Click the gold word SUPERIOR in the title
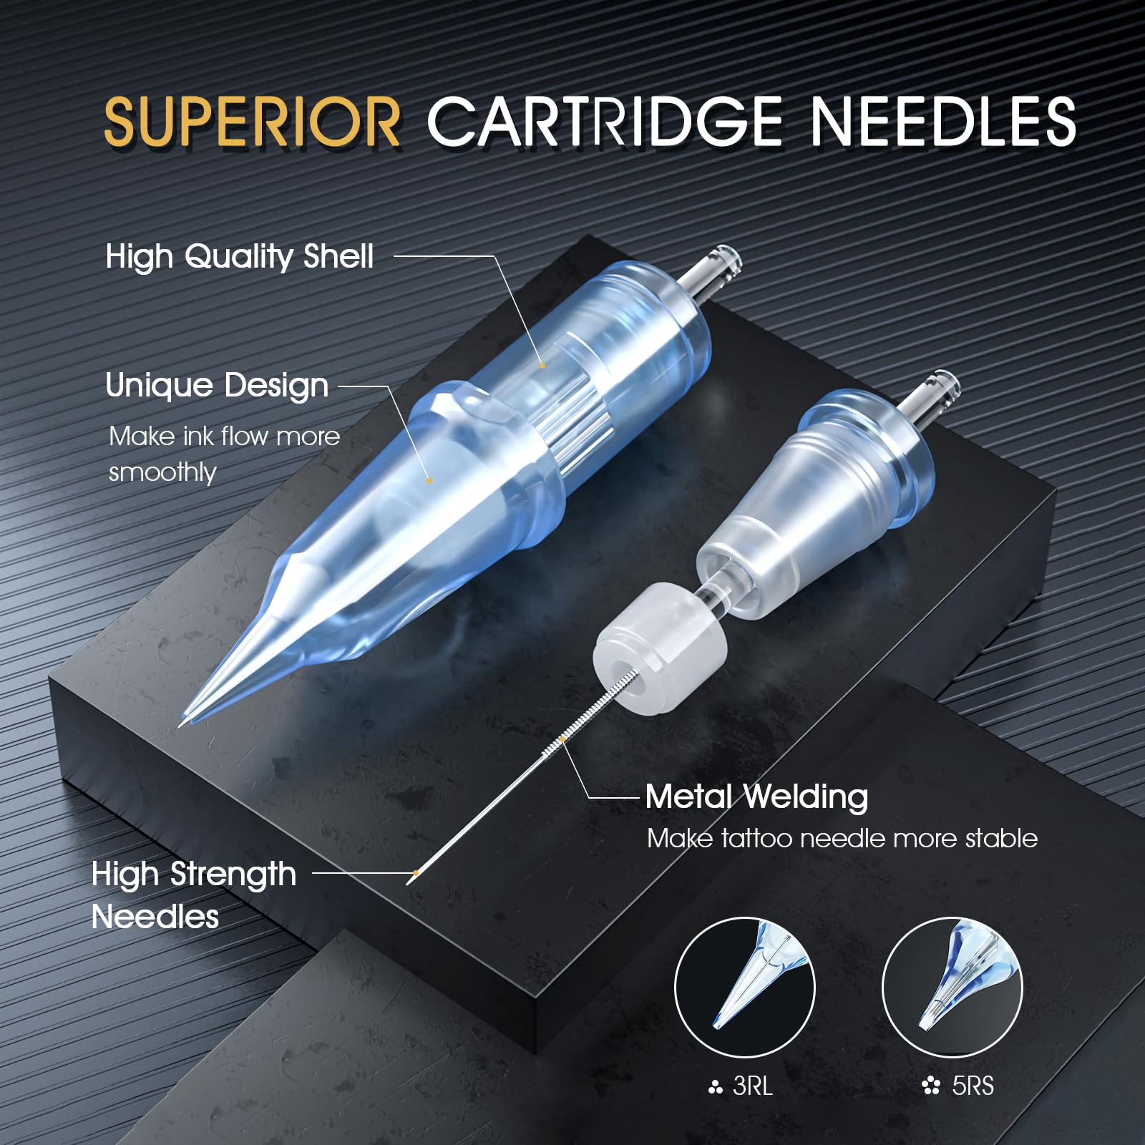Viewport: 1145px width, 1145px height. (x=252, y=122)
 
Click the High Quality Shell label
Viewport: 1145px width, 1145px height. (x=240, y=257)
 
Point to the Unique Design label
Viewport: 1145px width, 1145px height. (x=217, y=386)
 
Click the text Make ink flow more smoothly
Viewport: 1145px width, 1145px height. (x=224, y=454)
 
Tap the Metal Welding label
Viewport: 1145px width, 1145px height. (x=756, y=797)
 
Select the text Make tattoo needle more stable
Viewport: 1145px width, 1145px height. (x=842, y=838)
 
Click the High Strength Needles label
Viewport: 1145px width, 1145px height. (x=194, y=895)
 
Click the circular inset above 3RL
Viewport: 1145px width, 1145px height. (x=745, y=988)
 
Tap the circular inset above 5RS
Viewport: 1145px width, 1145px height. (x=952, y=988)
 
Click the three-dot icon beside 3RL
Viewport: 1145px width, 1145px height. (x=715, y=1088)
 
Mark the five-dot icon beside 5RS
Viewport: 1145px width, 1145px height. (x=931, y=1087)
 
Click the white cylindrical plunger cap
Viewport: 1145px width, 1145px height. (x=660, y=648)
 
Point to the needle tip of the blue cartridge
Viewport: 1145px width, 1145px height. (x=180, y=726)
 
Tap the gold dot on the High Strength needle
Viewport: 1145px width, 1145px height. (x=416, y=873)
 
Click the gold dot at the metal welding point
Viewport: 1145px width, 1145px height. (x=563, y=739)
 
